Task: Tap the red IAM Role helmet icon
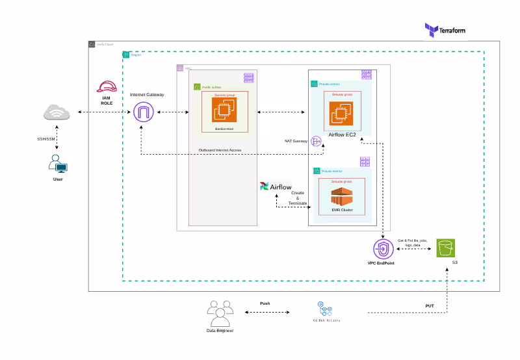(x=106, y=87)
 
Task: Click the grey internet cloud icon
(x=57, y=114)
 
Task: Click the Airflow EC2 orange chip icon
(x=340, y=113)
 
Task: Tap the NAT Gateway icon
(x=317, y=141)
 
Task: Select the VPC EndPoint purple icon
(x=382, y=249)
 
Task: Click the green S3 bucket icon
(x=445, y=248)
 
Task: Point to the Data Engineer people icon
(x=219, y=313)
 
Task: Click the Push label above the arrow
(x=265, y=303)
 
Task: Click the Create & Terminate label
(x=297, y=198)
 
